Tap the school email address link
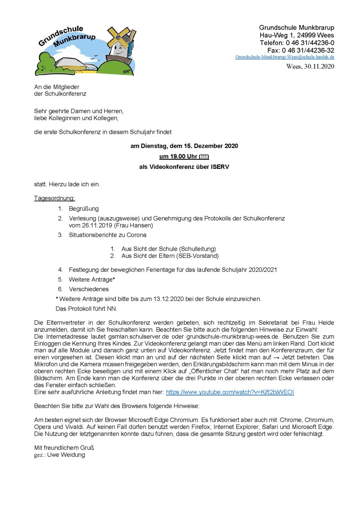(284, 57)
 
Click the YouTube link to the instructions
(230, 392)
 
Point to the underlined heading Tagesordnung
(55, 198)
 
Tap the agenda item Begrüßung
(84, 209)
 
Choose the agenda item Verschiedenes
(88, 289)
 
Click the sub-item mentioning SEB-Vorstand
(170, 256)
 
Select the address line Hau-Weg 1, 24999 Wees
(297, 35)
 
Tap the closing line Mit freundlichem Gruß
(64, 448)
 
